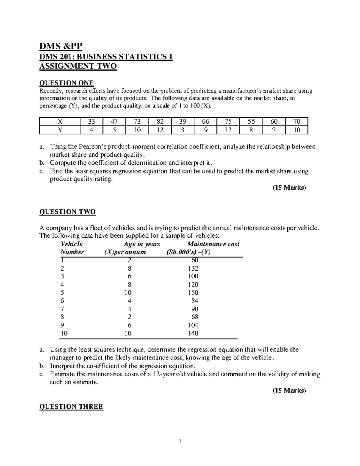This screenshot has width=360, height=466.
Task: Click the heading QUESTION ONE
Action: pyautogui.click(x=66, y=83)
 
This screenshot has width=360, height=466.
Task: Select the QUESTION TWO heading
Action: pyautogui.click(x=67, y=212)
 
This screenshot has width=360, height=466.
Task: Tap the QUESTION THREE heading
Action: pyautogui.click(x=71, y=407)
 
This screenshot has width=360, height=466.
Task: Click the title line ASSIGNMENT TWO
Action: pyautogui.click(x=78, y=66)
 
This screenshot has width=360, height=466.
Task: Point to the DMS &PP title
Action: pyautogui.click(x=61, y=46)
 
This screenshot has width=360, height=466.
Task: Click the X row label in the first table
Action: pyautogui.click(x=60, y=122)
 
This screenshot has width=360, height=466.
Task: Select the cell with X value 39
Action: pyautogui.click(x=183, y=122)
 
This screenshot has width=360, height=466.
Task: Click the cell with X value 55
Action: pyautogui.click(x=251, y=122)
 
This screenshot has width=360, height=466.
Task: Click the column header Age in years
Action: pyautogui.click(x=142, y=244)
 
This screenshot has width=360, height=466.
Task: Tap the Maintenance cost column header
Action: pyautogui.click(x=213, y=244)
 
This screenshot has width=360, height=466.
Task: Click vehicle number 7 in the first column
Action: pyautogui.click(x=62, y=309)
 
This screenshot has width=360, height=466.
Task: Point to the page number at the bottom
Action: pyautogui.click(x=180, y=441)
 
